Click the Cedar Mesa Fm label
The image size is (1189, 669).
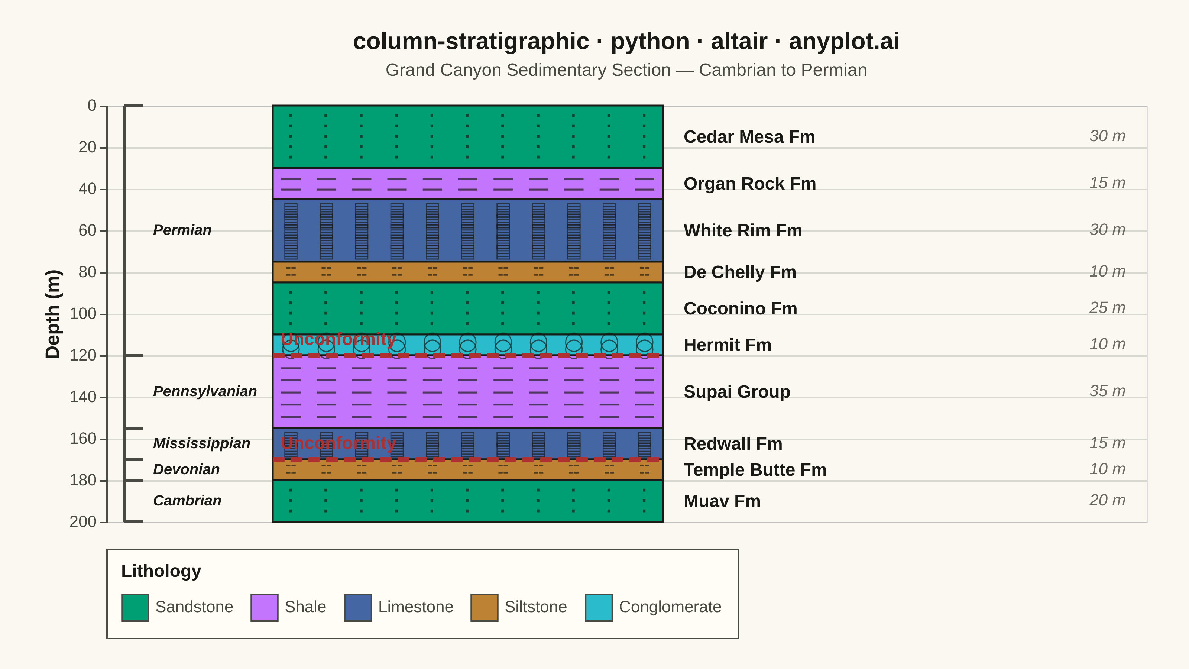[x=749, y=137]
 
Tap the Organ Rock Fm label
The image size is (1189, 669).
[x=749, y=184]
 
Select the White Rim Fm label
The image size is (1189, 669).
[x=743, y=230]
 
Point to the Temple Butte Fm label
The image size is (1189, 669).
[x=755, y=470]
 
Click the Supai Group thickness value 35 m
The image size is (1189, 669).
[x=1107, y=391]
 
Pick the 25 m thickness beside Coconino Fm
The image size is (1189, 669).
[x=1107, y=308]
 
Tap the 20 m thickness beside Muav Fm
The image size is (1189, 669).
[x=1107, y=501]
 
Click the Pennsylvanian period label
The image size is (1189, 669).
[x=205, y=391]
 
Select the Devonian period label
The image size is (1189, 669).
[x=187, y=469]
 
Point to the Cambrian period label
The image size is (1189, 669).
[x=187, y=501]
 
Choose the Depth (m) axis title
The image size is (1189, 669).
[x=53, y=314]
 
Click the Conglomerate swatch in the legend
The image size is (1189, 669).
[x=599, y=608]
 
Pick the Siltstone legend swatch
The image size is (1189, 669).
[x=484, y=608]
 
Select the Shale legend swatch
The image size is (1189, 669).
[x=265, y=608]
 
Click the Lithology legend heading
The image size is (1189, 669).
[x=161, y=571]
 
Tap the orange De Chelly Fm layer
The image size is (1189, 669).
[x=467, y=272]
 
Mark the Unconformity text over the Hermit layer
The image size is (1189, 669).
[x=338, y=339]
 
